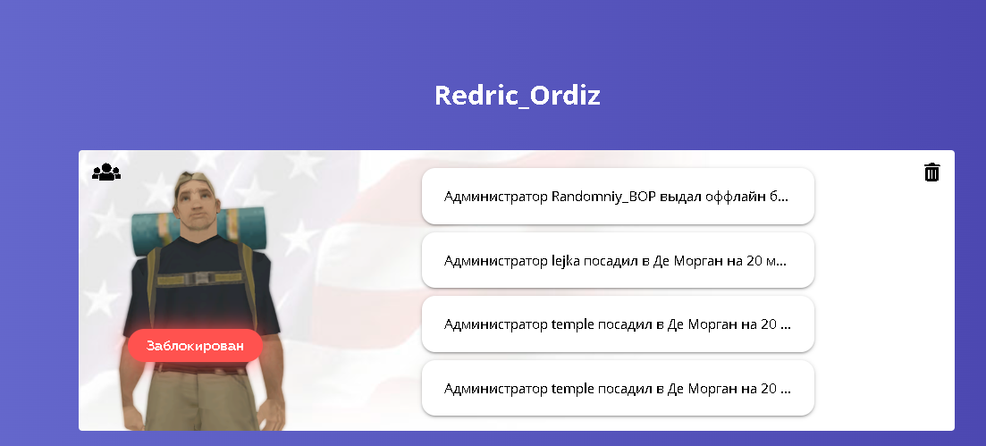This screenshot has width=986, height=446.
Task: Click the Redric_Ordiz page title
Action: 517,96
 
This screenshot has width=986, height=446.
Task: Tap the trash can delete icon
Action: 932,172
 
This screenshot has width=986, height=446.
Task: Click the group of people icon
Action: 106,172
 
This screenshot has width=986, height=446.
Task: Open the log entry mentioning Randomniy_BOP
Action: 618,197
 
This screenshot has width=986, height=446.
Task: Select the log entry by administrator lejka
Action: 618,260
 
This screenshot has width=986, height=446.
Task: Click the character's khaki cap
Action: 193,180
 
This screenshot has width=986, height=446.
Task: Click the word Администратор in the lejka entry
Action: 495,260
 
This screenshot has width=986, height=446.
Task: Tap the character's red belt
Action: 200,368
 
